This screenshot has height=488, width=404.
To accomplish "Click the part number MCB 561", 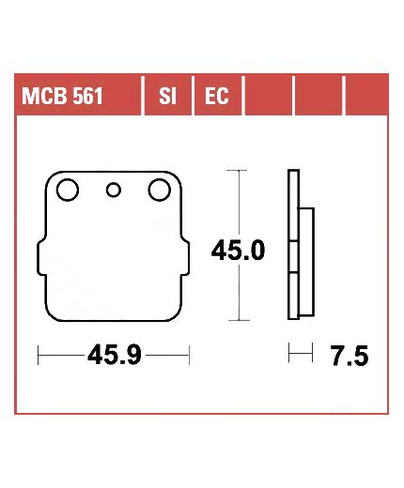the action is (x=62, y=96).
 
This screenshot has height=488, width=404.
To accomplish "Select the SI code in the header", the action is (x=167, y=96).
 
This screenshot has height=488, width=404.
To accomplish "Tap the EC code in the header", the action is (x=217, y=96).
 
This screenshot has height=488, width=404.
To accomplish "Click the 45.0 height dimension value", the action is (x=238, y=251).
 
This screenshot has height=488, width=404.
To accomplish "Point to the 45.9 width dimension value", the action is (x=115, y=356).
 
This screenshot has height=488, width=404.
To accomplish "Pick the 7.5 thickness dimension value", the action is (x=350, y=357).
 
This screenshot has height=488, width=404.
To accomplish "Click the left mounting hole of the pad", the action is (x=68, y=190).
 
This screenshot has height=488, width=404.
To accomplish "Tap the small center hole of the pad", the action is (x=114, y=190).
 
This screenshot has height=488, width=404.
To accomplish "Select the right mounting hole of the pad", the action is (x=160, y=190).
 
